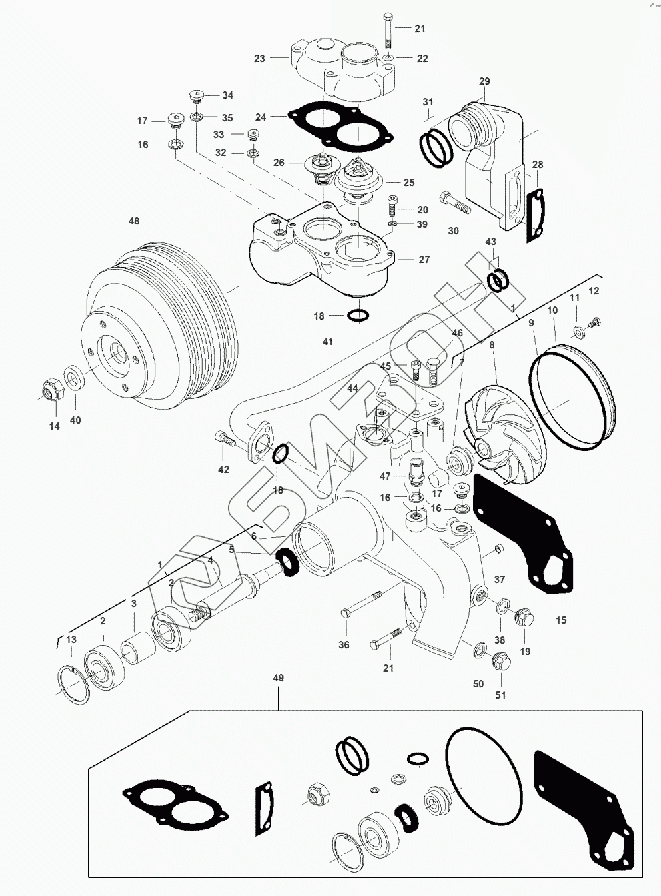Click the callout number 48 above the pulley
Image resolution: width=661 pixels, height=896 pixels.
click(134, 221)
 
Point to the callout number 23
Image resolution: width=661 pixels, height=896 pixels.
click(259, 59)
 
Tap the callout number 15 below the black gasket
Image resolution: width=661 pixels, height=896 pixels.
click(561, 620)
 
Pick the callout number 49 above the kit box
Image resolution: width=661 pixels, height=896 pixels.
click(278, 678)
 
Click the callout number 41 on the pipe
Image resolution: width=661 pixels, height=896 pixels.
click(327, 342)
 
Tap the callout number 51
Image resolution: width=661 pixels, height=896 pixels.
click(500, 695)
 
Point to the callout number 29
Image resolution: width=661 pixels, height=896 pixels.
click(484, 81)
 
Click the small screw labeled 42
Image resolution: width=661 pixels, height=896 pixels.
click(225, 438)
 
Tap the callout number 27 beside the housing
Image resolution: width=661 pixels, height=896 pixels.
click(424, 260)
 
